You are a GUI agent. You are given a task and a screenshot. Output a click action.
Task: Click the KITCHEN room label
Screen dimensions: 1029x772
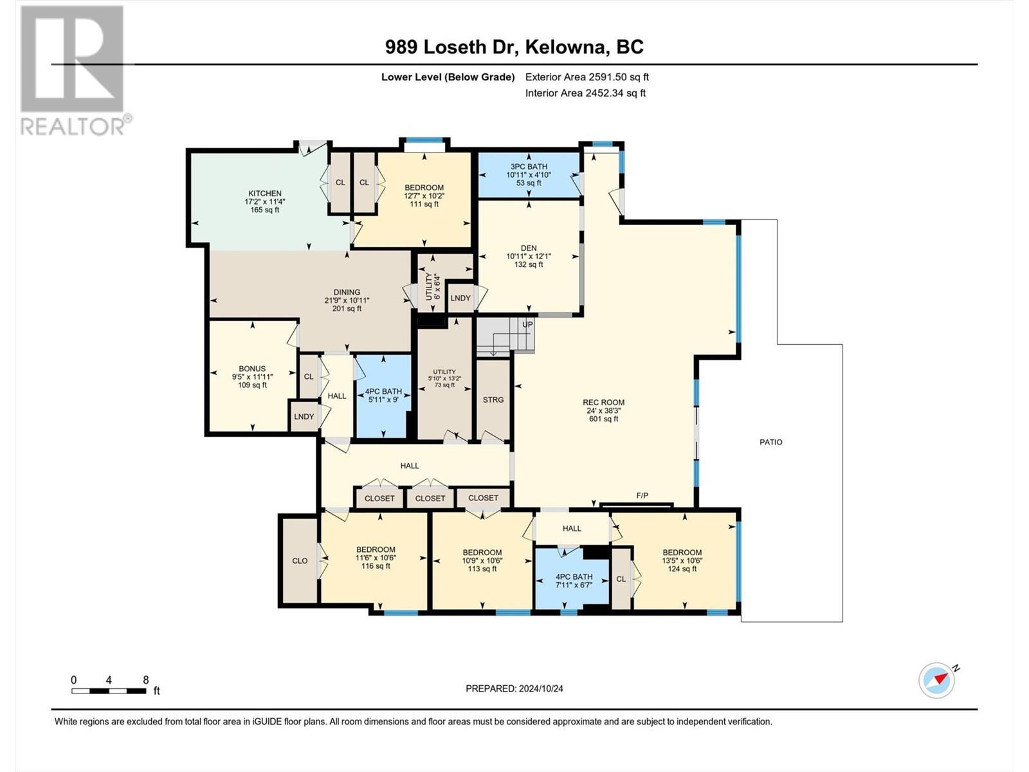coord(265,193)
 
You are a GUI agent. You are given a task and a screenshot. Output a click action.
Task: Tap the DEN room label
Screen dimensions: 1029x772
coord(529,248)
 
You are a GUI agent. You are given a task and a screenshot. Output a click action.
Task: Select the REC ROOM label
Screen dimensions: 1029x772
coord(603,402)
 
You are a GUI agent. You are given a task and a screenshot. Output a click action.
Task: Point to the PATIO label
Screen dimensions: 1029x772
coord(770,442)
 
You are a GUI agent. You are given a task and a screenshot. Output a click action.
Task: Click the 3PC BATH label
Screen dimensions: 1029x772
coord(529,167)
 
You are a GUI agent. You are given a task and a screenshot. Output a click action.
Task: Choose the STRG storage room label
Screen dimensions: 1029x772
coord(493,400)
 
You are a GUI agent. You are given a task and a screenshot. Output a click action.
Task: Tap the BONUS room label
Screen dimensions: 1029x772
coord(252,369)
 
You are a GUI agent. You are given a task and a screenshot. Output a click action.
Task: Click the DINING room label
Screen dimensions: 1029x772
coord(347,292)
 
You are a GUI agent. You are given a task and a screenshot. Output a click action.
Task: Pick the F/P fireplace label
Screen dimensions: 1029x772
coord(642,495)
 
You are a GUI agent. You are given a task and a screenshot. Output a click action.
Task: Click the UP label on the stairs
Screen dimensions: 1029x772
coord(527,324)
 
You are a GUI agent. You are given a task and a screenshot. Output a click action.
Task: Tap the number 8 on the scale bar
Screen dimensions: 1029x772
coord(146,679)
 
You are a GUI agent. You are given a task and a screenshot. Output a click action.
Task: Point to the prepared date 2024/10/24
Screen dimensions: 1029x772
coord(540,688)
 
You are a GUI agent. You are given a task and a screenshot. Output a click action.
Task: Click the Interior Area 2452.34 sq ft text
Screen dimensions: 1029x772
coord(585,93)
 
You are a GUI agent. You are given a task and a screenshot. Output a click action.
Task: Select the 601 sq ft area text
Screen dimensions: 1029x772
coord(603,419)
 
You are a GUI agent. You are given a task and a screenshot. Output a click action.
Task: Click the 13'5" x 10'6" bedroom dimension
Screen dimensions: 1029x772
coord(682,560)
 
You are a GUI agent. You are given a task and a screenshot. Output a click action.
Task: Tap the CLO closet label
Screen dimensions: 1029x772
coord(300,561)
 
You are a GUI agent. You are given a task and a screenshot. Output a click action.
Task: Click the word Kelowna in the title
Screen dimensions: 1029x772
coord(565,47)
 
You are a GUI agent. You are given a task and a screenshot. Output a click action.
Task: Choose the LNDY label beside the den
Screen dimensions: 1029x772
coord(460,298)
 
